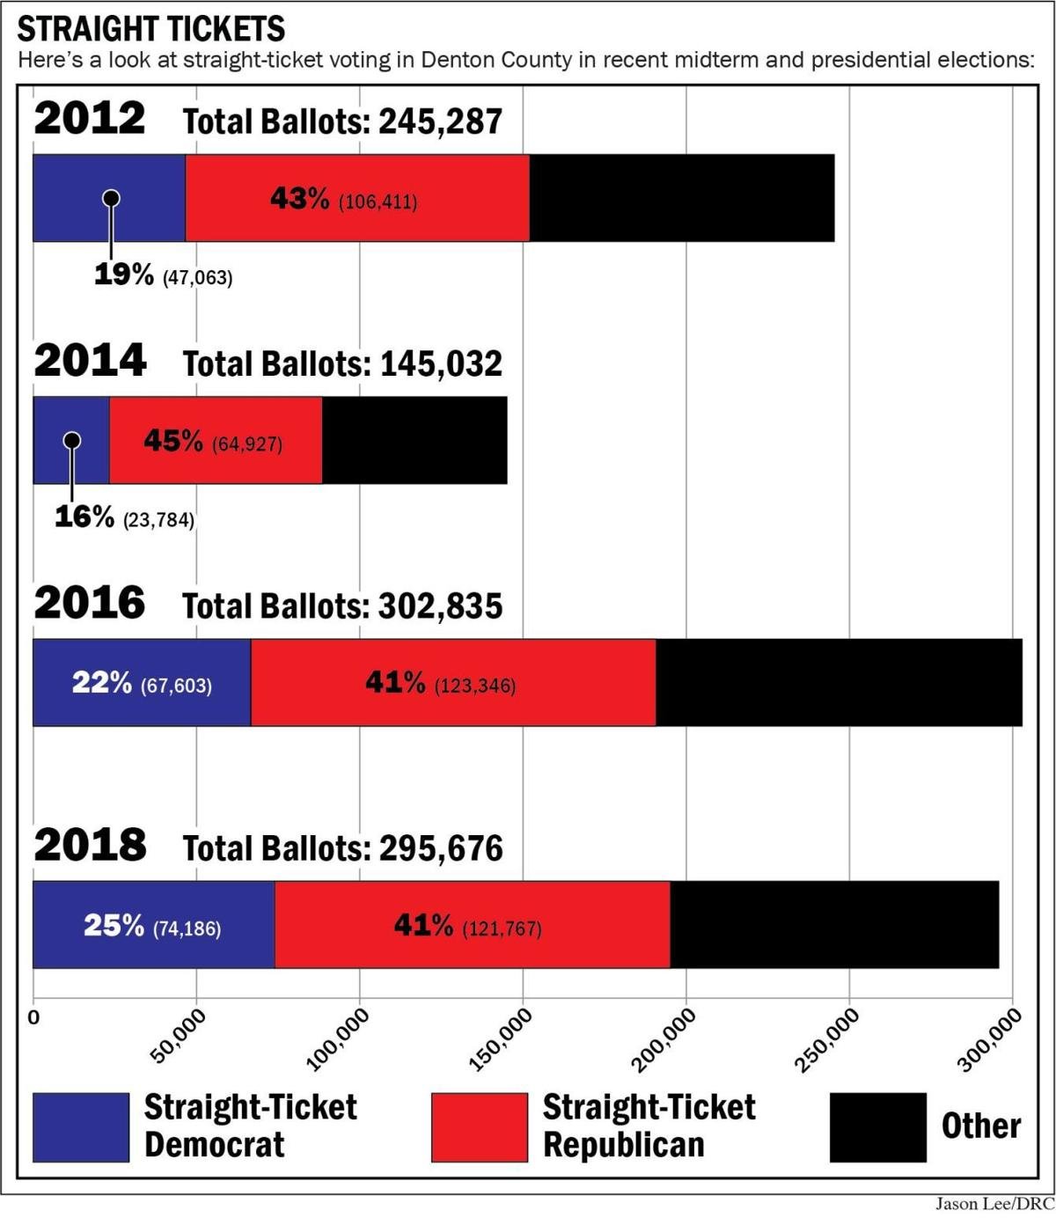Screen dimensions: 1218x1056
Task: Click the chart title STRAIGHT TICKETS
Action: pos(150,29)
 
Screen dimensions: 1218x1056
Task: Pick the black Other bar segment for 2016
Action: pos(838,683)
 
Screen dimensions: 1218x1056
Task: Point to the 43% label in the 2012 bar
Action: pos(299,199)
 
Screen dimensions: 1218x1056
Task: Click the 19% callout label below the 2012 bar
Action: pos(124,275)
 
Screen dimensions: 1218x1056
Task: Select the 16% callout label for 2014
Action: pos(84,517)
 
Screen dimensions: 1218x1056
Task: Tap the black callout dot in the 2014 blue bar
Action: pos(72,440)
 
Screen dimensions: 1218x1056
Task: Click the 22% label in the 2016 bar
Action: pos(102,683)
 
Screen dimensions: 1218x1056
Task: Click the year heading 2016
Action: pos(90,604)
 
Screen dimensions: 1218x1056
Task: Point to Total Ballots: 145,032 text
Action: pos(342,363)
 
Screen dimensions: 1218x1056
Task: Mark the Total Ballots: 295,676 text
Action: pos(342,848)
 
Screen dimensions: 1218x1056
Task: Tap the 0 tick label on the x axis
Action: pos(34,1018)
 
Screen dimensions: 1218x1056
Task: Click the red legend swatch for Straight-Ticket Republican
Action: pos(480,1127)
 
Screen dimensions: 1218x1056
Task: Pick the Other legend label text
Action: pos(980,1126)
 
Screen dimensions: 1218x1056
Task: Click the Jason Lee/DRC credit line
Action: pos(994,1204)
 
